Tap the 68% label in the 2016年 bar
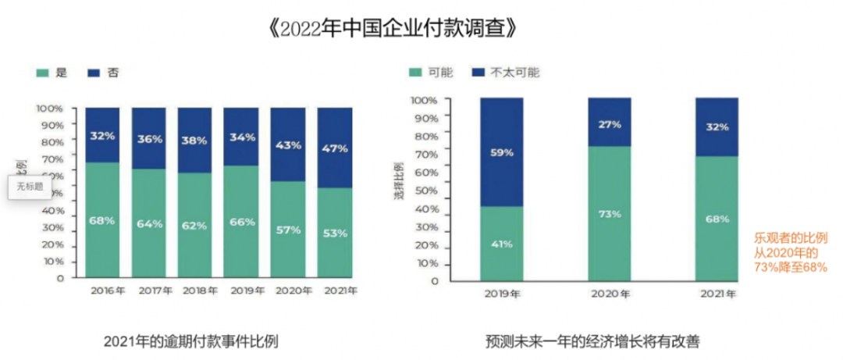(x=101, y=221)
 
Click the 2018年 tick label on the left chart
(x=195, y=290)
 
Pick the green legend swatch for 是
(x=43, y=73)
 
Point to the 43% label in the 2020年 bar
(x=287, y=144)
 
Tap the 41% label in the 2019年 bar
(x=501, y=244)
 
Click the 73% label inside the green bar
(x=610, y=214)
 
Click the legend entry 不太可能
(x=515, y=73)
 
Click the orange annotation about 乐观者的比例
(x=789, y=251)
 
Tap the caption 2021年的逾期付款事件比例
(x=190, y=341)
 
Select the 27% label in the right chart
(x=610, y=124)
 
